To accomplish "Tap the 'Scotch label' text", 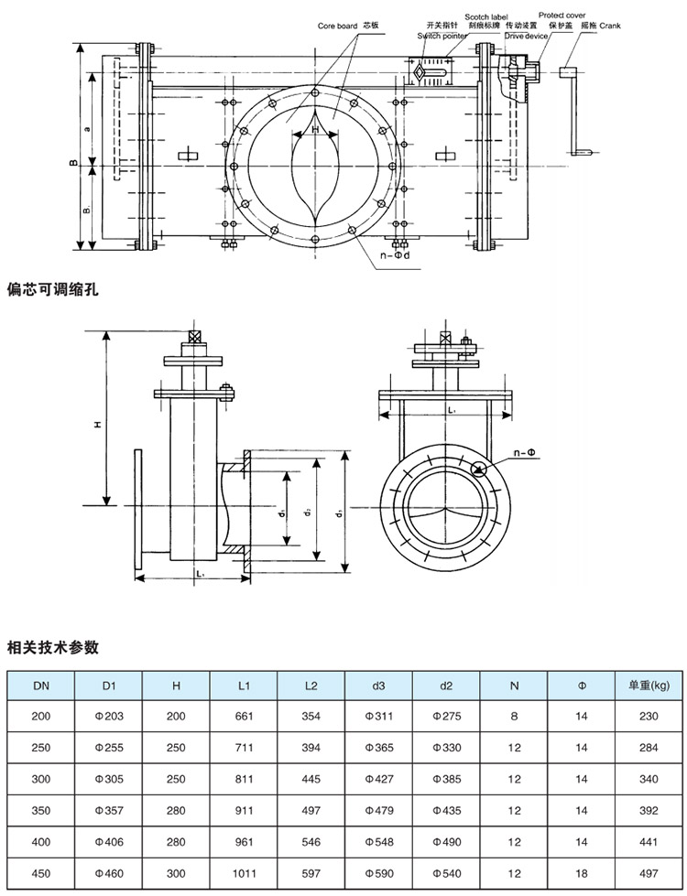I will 485,16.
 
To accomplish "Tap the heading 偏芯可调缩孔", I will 53,289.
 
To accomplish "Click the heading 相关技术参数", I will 53,647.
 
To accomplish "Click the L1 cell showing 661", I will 244,717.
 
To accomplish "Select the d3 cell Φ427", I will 378,779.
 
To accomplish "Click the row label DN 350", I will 41,811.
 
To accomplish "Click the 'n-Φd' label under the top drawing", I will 394,255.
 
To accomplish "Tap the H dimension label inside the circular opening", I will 315,130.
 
